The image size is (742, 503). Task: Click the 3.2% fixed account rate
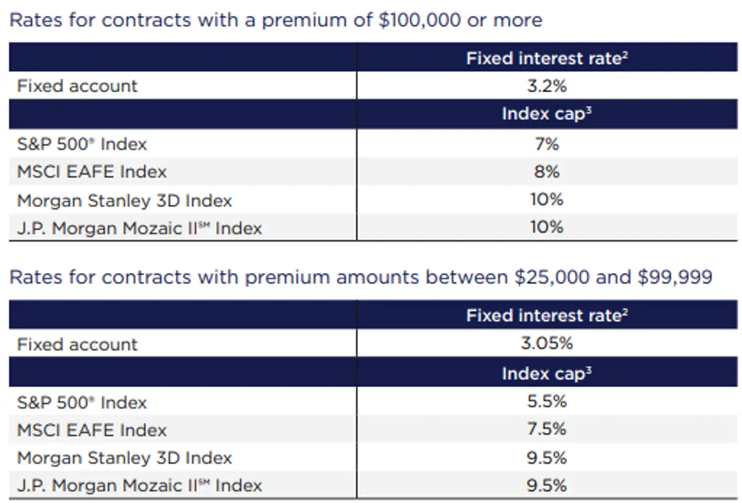pos(547,86)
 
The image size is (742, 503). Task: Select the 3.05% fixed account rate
pos(547,343)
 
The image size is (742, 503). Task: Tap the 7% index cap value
pos(547,144)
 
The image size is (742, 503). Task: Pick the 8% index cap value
pos(547,171)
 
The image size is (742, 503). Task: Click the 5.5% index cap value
pos(547,402)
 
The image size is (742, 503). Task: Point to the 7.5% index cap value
pos(547,429)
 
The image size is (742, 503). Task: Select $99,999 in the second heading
pos(675,277)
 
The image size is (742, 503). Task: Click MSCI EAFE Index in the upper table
pos(92,171)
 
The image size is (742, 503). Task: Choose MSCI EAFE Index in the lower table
pos(92,430)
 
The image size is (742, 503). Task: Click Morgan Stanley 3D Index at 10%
pos(124,200)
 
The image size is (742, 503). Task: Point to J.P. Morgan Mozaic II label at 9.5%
pos(139,486)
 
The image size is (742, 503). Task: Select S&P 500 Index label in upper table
pos(82,144)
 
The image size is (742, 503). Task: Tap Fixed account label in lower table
pos(77,344)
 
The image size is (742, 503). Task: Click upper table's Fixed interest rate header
pos(547,58)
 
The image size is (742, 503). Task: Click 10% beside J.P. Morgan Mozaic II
pos(547,227)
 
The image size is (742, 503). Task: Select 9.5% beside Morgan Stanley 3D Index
pos(547,458)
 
